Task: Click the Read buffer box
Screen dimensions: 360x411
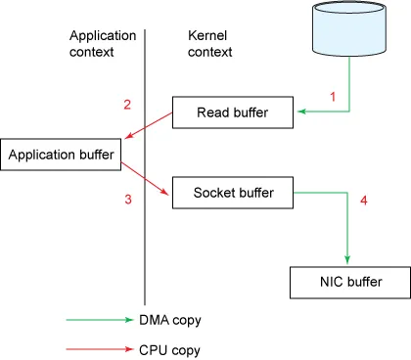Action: pyautogui.click(x=234, y=112)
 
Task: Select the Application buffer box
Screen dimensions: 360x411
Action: pyautogui.click(x=64, y=155)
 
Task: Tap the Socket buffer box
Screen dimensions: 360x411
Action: pyautogui.click(x=234, y=193)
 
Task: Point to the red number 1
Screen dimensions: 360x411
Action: pyautogui.click(x=332, y=98)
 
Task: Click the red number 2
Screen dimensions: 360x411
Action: pyautogui.click(x=127, y=106)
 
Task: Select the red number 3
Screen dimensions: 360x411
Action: pyautogui.click(x=127, y=201)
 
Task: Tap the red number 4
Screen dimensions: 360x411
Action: pyautogui.click(x=364, y=202)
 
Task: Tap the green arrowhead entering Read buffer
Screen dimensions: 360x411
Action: pyautogui.click(x=301, y=113)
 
